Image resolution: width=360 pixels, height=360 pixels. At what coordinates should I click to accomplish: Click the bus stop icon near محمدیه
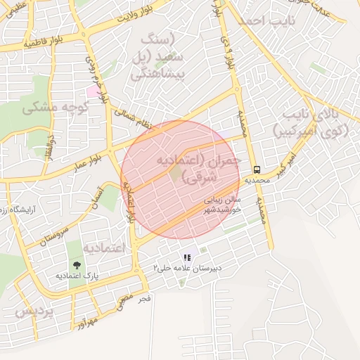257,169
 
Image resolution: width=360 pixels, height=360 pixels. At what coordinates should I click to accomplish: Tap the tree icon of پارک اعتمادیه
77,265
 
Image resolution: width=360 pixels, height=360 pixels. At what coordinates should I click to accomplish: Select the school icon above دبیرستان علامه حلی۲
186,258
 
